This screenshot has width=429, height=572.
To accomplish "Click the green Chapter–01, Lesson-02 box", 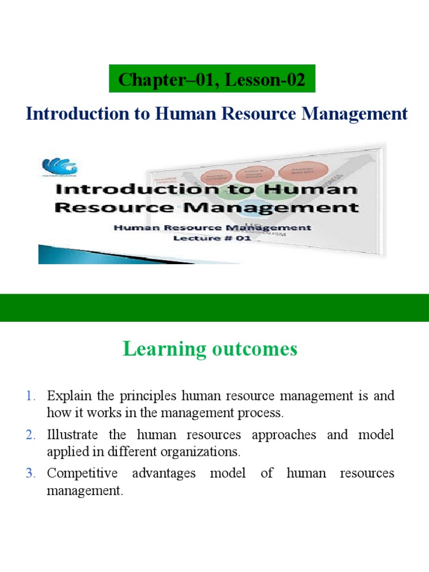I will pos(212,80).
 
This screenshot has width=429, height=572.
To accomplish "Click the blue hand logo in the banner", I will pos(60,166).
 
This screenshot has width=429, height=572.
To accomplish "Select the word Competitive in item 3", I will pos(82,474).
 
